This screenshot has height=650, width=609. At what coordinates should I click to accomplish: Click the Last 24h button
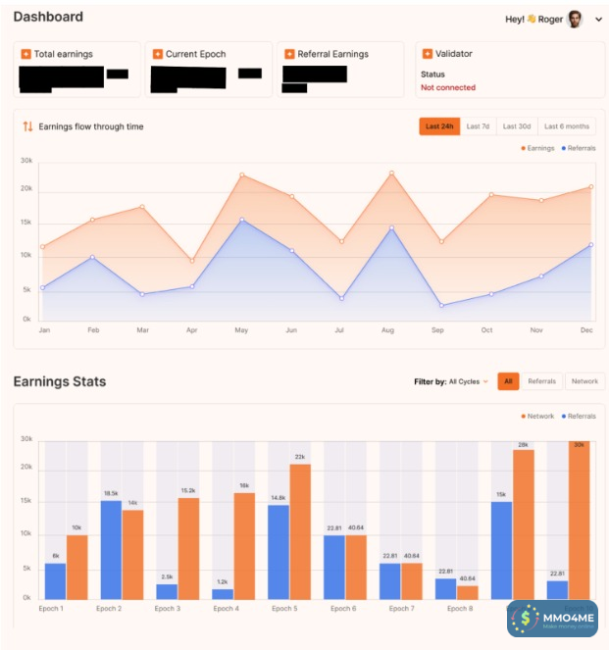click(x=438, y=126)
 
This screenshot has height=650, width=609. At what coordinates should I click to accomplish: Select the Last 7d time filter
click(x=478, y=126)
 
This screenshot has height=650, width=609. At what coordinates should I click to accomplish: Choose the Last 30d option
click(x=517, y=126)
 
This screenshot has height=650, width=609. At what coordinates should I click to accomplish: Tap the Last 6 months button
click(x=567, y=126)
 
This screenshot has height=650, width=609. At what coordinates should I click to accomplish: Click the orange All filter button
click(x=508, y=381)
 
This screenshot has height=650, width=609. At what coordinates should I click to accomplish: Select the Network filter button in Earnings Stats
click(x=584, y=381)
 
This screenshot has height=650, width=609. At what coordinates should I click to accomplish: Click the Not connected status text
click(x=448, y=88)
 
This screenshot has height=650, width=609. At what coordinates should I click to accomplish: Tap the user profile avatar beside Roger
click(x=575, y=19)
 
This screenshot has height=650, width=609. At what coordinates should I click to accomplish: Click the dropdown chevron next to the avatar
click(x=598, y=20)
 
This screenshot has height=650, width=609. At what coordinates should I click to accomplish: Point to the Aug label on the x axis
click(x=387, y=330)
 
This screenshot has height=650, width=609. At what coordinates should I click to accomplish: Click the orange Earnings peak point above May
click(x=241, y=175)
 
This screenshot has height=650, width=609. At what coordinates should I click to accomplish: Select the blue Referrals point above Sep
click(x=441, y=305)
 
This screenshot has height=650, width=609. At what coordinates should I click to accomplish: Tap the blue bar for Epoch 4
click(x=223, y=593)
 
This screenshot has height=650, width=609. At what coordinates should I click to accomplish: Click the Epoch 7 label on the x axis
click(x=399, y=609)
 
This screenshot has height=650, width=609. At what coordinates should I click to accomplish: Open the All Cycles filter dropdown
click(x=468, y=381)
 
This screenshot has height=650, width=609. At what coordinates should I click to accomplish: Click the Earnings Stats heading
click(x=60, y=381)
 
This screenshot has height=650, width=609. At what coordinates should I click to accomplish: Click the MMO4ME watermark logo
click(x=552, y=619)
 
